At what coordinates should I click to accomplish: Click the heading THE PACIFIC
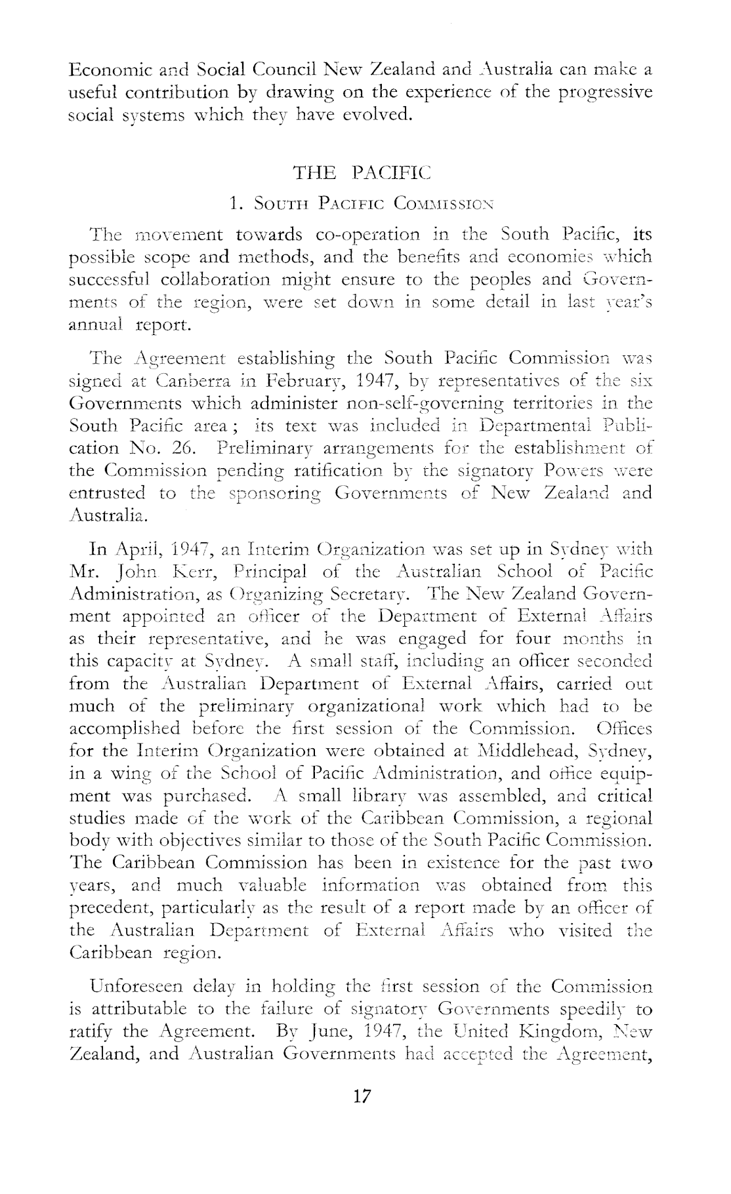[361, 173]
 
